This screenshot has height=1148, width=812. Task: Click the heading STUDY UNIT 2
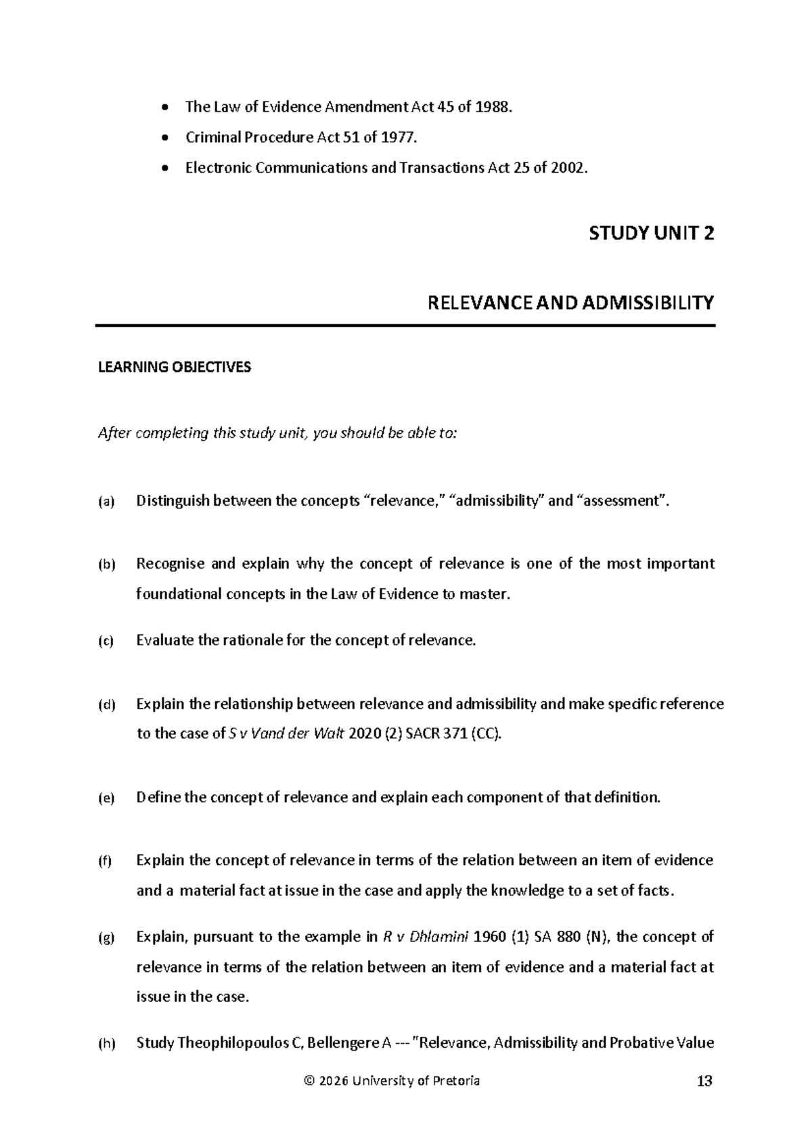pyautogui.click(x=651, y=234)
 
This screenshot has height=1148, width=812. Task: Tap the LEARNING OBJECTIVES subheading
pyautogui.click(x=175, y=368)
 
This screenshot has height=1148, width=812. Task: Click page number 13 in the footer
pyautogui.click(x=704, y=1081)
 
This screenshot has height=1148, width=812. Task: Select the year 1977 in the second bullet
pyautogui.click(x=398, y=137)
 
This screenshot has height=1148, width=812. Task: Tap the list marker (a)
pyautogui.click(x=106, y=502)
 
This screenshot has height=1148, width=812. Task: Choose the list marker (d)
pyautogui.click(x=106, y=705)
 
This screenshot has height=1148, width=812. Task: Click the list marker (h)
pyautogui.click(x=106, y=1044)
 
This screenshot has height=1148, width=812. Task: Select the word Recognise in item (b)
pyautogui.click(x=170, y=564)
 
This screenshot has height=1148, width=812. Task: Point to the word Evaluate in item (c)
pyautogui.click(x=164, y=640)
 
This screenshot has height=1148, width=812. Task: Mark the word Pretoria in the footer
pyautogui.click(x=457, y=1081)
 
